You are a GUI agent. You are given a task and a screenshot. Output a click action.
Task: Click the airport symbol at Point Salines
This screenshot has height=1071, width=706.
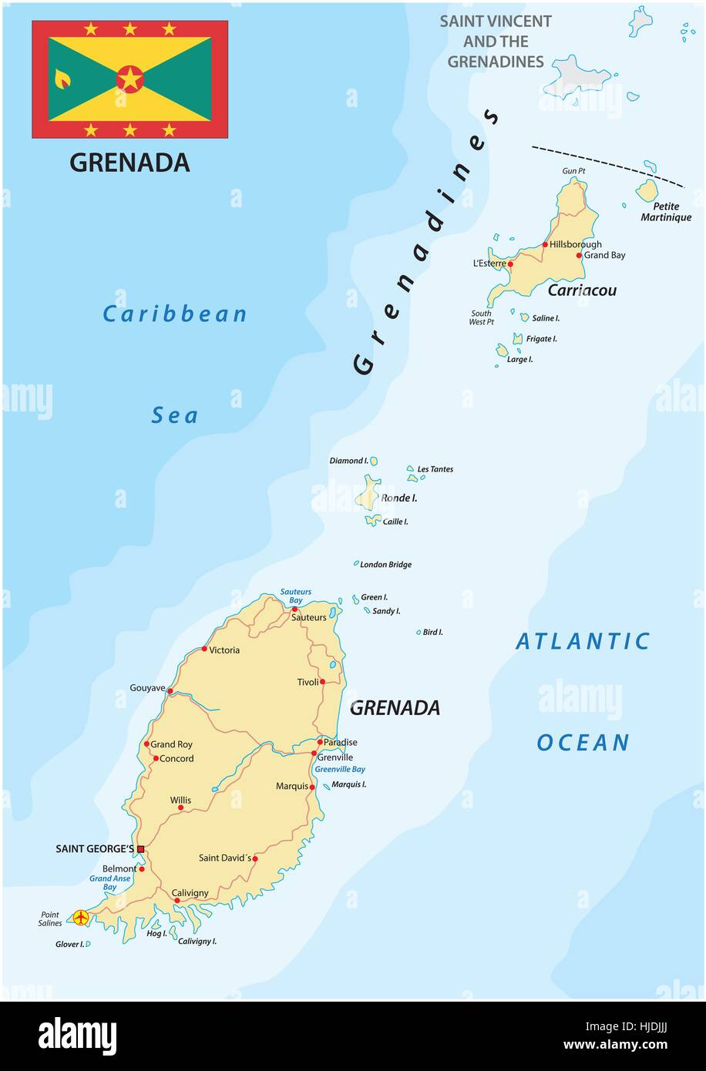click(x=79, y=917)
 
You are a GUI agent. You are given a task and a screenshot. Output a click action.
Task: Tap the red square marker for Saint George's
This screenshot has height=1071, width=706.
click(x=140, y=849)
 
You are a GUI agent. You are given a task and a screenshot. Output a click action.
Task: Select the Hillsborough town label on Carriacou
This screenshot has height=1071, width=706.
click(x=575, y=244)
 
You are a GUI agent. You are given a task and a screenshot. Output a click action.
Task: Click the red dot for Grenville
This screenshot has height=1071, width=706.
click(x=314, y=753)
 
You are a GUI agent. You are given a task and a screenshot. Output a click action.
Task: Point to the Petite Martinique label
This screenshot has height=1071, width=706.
click(x=666, y=212)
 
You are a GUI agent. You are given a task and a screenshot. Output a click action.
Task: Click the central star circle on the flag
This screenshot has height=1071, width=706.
click(x=129, y=79)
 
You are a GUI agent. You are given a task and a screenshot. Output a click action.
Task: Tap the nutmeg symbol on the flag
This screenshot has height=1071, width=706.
click(x=62, y=79)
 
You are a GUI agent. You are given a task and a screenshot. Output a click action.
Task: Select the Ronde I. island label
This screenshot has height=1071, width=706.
click(x=398, y=499)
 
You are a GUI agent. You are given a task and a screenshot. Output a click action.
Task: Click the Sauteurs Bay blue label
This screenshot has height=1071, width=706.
click(x=296, y=596)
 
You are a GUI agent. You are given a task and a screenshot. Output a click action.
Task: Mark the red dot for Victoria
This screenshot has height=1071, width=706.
click(x=204, y=649)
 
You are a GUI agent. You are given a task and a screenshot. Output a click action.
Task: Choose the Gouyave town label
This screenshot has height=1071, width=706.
click(x=147, y=687)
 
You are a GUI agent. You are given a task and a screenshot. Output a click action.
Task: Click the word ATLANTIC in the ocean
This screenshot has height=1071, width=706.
click(x=583, y=641)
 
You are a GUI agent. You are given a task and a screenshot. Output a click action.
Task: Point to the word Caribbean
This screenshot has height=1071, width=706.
click(x=175, y=314)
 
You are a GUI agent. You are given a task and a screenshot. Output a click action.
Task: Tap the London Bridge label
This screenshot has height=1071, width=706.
click(x=385, y=565)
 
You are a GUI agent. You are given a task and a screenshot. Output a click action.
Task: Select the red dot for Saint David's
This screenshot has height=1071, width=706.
click(x=255, y=858)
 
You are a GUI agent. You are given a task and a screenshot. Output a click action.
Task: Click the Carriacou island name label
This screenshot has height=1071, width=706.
click(x=582, y=290)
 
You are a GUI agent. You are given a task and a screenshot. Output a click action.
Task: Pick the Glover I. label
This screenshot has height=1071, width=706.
click(x=69, y=944)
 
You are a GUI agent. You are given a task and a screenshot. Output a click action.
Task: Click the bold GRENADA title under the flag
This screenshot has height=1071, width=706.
click(x=129, y=163)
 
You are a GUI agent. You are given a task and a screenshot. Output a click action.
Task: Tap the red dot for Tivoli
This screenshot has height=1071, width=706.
click(x=322, y=682)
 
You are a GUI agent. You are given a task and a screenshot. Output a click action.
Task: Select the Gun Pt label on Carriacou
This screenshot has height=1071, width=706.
click(x=574, y=170)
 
